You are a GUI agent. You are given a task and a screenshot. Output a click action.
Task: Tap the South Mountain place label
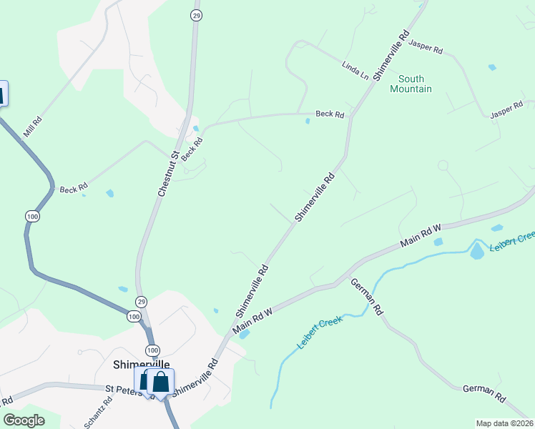[411, 84]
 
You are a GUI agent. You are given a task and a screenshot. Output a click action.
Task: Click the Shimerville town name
[142, 364]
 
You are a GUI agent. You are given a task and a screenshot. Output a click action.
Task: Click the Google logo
[24, 420]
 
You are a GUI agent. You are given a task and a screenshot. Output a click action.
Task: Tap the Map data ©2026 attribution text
[505, 423]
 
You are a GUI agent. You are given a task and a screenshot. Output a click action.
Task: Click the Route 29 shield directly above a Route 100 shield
[142, 301]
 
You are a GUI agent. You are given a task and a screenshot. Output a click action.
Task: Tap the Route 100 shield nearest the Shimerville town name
[152, 350]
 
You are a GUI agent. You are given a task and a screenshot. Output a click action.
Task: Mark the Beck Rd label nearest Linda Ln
[330, 114]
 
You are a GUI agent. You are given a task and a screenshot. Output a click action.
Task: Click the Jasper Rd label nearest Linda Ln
[426, 47]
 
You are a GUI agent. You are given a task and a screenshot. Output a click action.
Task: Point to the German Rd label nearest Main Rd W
[368, 297]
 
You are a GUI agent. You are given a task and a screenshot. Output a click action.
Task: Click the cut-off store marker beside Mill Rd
[2, 94]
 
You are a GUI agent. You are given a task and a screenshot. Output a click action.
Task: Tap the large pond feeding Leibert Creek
[477, 251]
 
